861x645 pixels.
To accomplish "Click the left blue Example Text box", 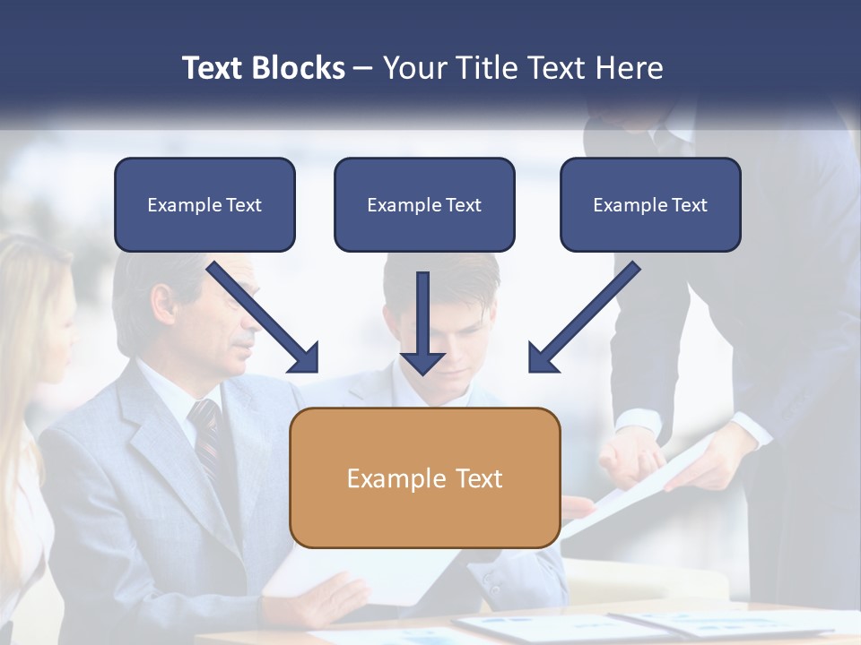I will (x=204, y=204).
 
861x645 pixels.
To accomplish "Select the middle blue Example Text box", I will (x=424, y=204).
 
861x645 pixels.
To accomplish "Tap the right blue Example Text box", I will (x=650, y=204).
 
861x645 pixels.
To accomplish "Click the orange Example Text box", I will (x=425, y=477).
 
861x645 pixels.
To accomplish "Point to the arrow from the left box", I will (x=260, y=314).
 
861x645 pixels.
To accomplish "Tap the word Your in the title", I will (x=414, y=67).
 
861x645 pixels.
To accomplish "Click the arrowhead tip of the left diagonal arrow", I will (x=316, y=370).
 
